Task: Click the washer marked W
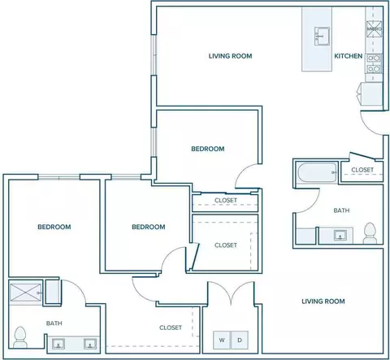click(222, 340)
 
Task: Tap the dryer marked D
click(240, 340)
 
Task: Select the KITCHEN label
click(349, 56)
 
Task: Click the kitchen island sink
click(322, 36)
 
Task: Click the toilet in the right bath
click(370, 233)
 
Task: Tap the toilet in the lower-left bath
click(20, 337)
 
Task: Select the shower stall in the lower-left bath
click(25, 293)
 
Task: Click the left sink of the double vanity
click(58, 344)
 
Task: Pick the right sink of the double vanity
click(89, 344)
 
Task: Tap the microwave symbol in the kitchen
click(374, 28)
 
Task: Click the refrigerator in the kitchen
click(370, 93)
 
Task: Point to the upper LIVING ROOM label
click(230, 56)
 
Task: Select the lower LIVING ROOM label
click(323, 301)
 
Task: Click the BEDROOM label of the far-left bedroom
click(54, 227)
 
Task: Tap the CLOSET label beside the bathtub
click(362, 170)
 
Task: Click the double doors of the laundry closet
click(231, 293)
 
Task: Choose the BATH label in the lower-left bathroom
click(54, 323)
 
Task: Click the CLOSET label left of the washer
click(171, 327)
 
